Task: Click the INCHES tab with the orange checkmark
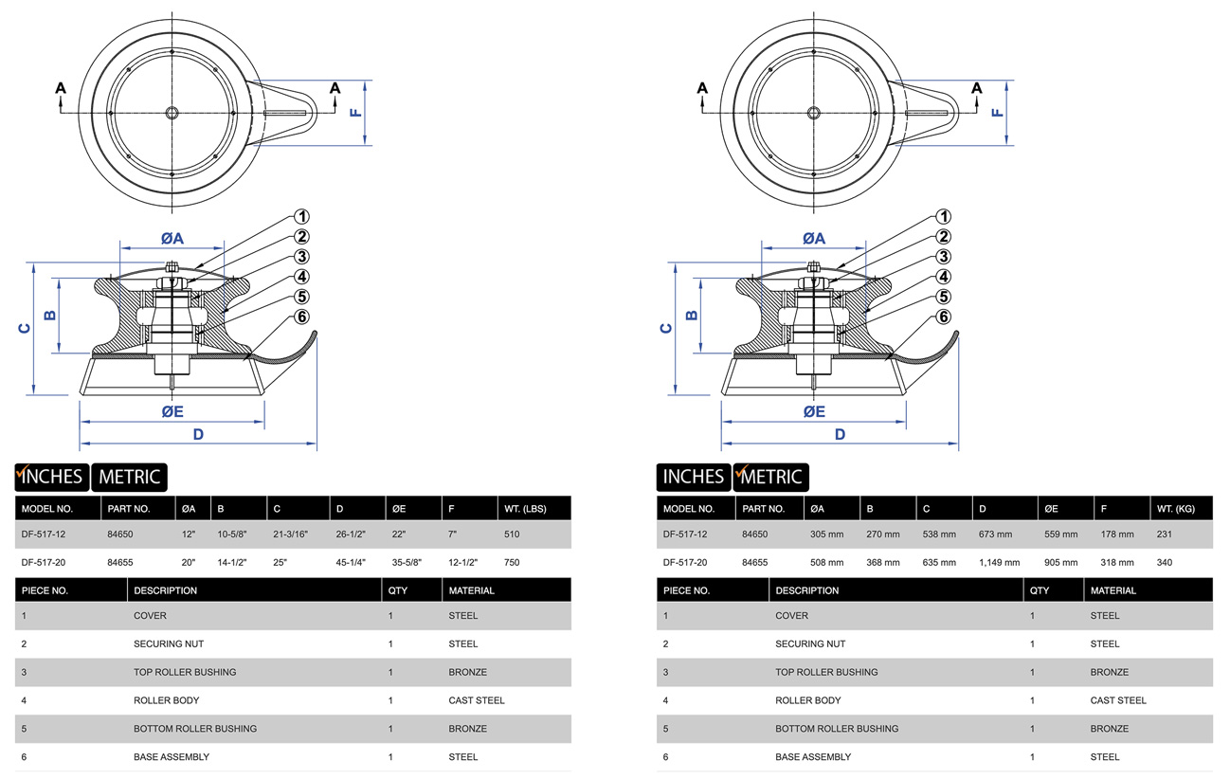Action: [51, 477]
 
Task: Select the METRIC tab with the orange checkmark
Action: [770, 477]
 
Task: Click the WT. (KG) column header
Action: [1175, 509]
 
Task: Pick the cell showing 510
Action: [513, 534]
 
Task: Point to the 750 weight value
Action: [513, 563]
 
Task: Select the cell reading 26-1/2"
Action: [351, 534]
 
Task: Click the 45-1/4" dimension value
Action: [351, 563]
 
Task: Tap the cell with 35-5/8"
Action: [407, 563]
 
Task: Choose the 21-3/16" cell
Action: [290, 534]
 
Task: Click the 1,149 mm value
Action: [1000, 563]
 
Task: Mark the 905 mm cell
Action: [1059, 563]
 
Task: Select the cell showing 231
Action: [1165, 534]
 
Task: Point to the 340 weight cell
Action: [1165, 563]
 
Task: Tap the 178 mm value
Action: [1116, 534]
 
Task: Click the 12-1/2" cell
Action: [463, 563]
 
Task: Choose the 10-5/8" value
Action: [232, 534]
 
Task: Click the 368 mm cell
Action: [883, 563]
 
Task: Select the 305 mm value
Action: [826, 534]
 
